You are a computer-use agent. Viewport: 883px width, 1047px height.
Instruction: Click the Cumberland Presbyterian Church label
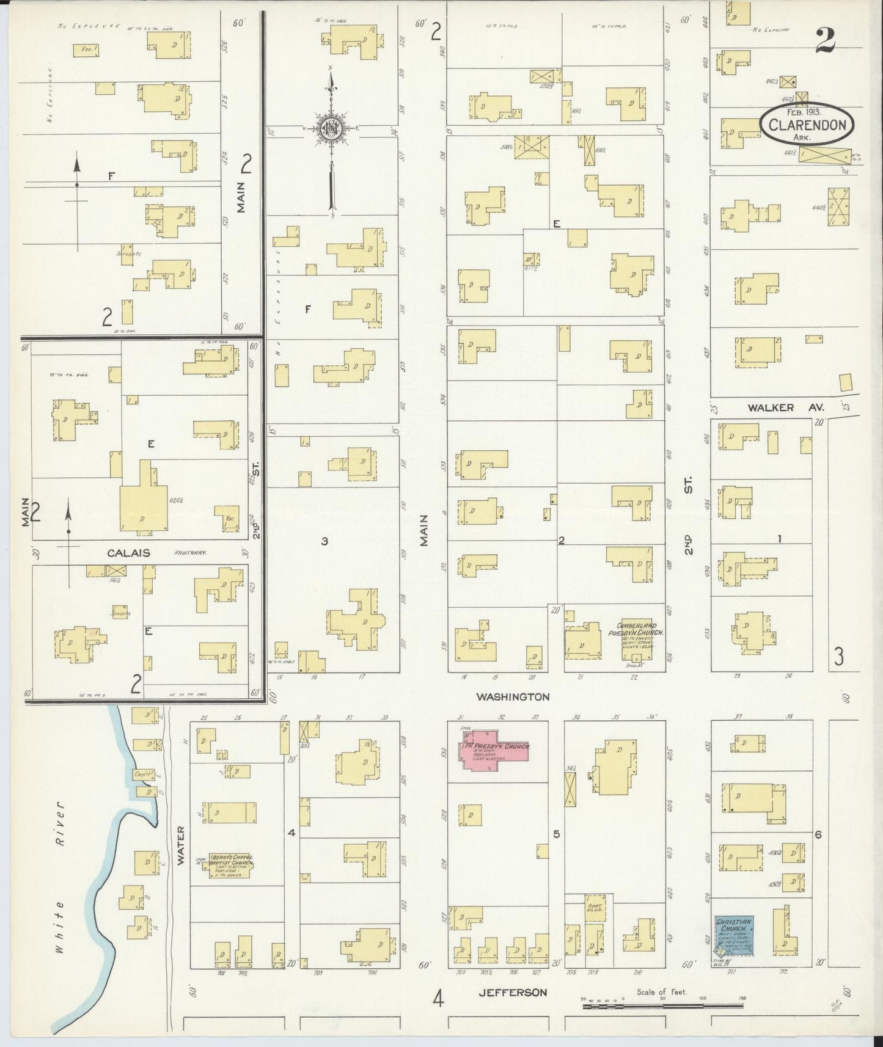[x=636, y=630]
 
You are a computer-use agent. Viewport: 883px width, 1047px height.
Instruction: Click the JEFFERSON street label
[x=512, y=992]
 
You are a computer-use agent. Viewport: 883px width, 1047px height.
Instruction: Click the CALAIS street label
[x=129, y=552]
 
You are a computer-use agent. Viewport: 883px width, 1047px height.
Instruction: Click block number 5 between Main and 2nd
[x=557, y=834]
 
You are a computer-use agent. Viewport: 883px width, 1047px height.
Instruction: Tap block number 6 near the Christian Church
[x=818, y=834]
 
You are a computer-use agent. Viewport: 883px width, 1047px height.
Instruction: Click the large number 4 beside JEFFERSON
[x=438, y=998]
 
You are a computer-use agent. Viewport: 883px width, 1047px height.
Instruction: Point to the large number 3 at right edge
[x=839, y=657]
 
